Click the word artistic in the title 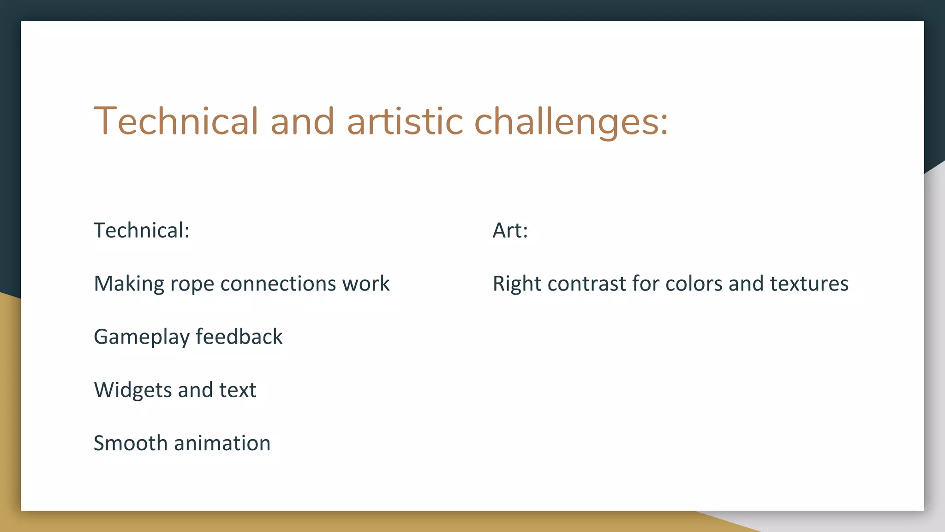click(405, 121)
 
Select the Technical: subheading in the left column click(142, 230)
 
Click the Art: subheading click(510, 230)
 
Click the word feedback click(239, 337)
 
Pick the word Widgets click(133, 390)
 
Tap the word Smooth click(130, 443)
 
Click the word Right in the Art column click(517, 284)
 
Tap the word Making click(129, 284)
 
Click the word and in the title click(302, 121)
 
